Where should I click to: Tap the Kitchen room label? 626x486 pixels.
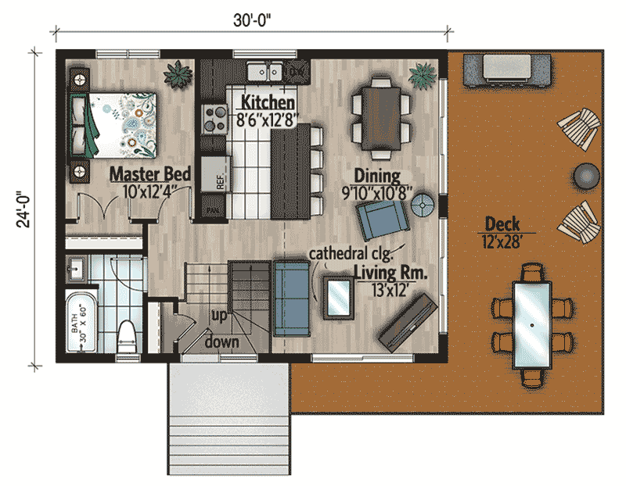(268, 102)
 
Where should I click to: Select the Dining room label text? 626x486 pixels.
(376, 175)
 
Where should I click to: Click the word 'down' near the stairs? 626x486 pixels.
(221, 341)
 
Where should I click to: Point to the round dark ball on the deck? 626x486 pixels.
(586, 175)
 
